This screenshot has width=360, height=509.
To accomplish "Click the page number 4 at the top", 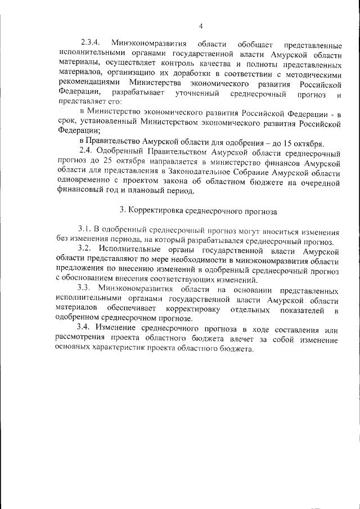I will (200, 25).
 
